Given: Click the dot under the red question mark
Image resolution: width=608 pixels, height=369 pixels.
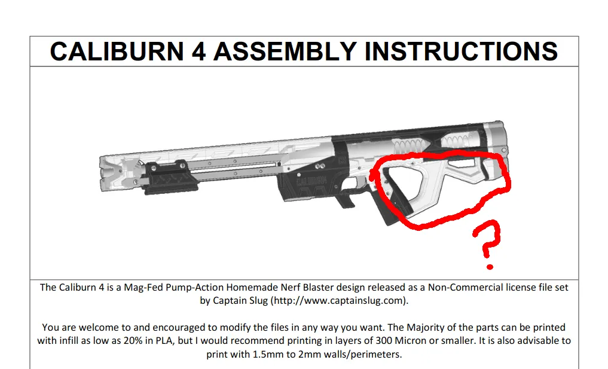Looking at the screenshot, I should coord(490,265).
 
